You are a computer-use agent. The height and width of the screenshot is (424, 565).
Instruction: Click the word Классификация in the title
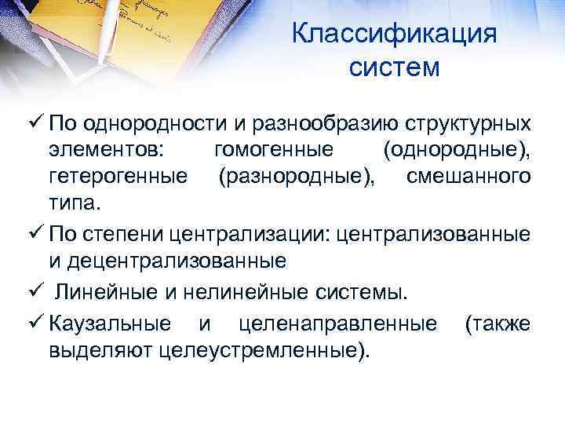(x=394, y=35)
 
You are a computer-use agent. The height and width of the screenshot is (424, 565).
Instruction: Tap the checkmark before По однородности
(x=35, y=124)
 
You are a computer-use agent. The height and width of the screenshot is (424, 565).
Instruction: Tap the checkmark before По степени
(x=35, y=234)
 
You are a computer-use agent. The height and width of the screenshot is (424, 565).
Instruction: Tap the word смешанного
(x=468, y=178)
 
